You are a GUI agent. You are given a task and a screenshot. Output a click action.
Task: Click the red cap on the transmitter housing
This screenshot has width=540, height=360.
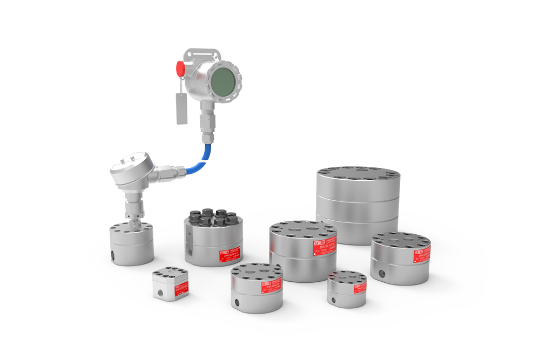(180, 69)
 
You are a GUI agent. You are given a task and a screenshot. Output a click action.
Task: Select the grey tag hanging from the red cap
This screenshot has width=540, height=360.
(181, 108)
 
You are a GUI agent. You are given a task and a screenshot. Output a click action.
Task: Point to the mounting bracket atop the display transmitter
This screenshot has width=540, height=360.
(202, 55)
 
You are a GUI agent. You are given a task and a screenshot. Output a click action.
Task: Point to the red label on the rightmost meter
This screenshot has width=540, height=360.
(421, 255)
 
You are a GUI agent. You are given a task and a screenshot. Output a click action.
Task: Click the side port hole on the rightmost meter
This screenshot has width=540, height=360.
(382, 274)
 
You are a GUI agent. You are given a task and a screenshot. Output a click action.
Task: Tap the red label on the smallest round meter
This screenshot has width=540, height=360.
(359, 287)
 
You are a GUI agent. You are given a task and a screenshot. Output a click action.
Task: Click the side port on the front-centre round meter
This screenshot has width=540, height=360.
(235, 301)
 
